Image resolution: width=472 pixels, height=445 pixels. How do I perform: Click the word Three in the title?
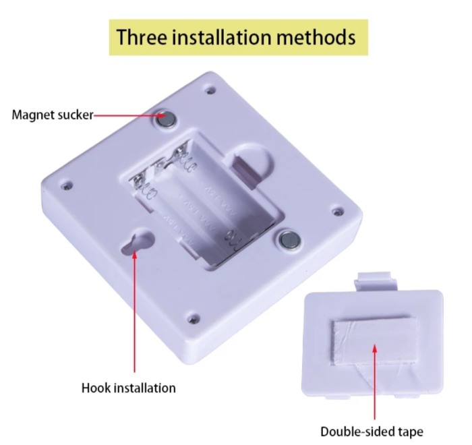[x=145, y=36]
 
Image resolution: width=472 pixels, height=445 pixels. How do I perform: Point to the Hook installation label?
[x=128, y=388]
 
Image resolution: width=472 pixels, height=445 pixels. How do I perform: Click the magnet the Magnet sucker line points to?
[x=165, y=118]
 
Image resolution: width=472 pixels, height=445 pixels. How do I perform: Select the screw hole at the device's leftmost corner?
[x=65, y=183]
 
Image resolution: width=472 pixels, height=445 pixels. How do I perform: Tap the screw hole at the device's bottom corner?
[x=193, y=318]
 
